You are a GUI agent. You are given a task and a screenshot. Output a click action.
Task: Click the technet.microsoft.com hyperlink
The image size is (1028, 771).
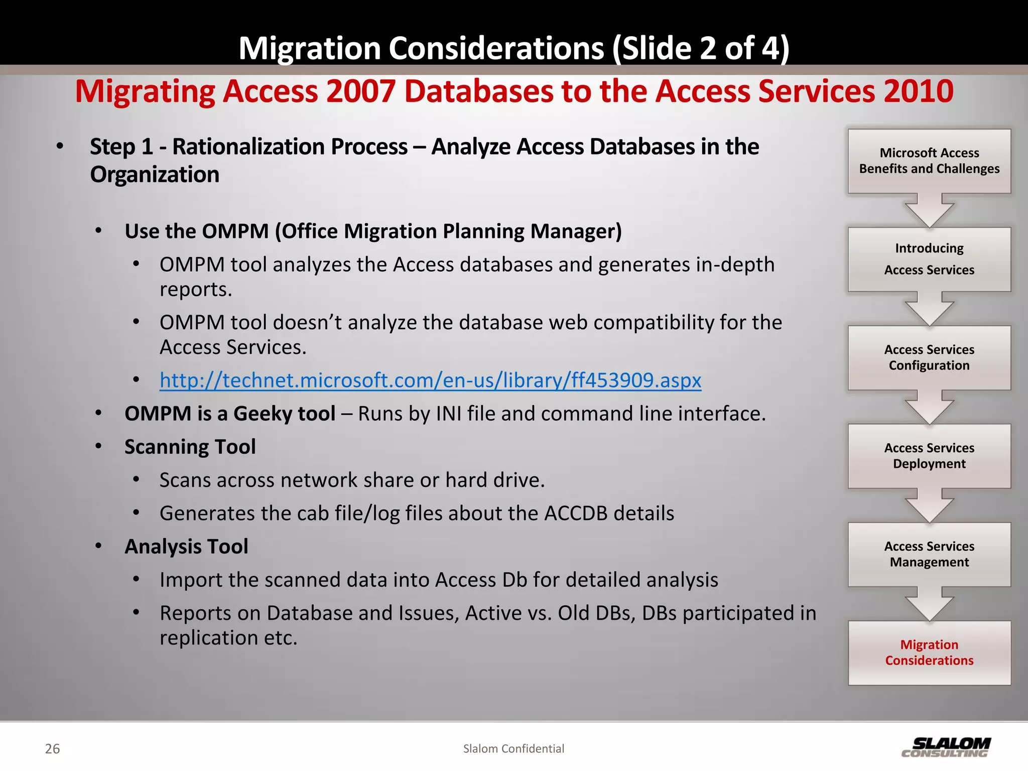430,380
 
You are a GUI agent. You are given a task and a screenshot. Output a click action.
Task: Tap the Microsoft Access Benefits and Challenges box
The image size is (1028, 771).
929,161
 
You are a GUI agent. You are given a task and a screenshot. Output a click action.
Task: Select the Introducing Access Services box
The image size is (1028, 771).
929,259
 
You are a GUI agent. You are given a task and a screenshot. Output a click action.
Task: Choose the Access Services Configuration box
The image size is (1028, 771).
929,357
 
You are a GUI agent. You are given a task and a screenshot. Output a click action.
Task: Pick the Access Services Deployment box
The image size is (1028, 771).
929,456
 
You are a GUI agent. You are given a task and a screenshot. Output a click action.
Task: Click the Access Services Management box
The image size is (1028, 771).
929,554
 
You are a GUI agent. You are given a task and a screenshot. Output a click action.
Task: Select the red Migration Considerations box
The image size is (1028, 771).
929,653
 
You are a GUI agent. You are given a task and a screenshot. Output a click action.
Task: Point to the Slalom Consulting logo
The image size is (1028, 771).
946,747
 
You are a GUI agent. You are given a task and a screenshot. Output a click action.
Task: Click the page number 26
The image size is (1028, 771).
52,749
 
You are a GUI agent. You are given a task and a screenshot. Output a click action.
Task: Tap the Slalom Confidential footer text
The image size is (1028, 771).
513,748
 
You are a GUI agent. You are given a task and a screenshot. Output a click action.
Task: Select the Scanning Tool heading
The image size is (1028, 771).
190,447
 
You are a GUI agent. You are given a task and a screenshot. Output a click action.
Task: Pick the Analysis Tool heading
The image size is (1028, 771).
186,546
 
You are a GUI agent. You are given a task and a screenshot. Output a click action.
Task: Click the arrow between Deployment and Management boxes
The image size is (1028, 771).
929,506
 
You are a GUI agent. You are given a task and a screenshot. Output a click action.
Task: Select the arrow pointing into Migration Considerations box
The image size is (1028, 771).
929,604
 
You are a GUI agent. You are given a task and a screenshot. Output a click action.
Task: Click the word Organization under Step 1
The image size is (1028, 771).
155,175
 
